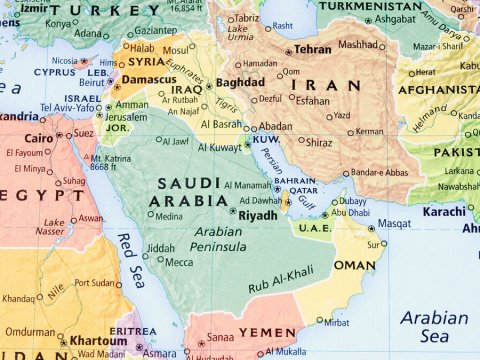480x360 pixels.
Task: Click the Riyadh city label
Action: (260, 213)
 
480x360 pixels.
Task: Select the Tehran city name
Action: (313, 49)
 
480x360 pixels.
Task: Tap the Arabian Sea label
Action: (433, 326)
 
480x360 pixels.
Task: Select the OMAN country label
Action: (353, 266)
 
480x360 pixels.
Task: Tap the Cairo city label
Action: (38, 137)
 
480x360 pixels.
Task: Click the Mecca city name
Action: (179, 262)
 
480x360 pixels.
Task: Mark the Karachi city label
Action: (443, 212)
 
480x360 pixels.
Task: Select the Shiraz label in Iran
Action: (319, 142)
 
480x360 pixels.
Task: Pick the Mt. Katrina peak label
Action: (110, 161)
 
